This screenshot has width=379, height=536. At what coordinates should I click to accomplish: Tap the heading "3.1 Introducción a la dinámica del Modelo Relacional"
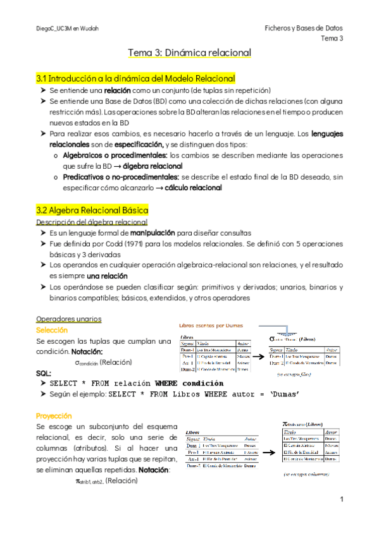[x=136, y=78]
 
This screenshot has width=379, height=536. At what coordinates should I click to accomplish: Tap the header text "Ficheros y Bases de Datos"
[x=304, y=28]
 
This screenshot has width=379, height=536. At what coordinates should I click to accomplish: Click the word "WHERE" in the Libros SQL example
[x=220, y=394]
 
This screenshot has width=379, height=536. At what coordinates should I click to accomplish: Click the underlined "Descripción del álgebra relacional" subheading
[x=92, y=222]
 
